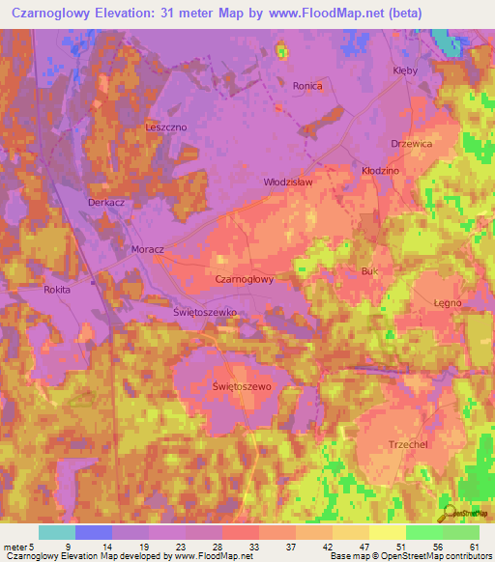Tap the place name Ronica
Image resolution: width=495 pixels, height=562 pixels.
click(307, 86)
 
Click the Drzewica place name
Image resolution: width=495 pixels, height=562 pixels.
click(411, 143)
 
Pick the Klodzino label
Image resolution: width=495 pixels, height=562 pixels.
click(380, 169)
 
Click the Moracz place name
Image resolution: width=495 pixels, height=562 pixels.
click(148, 248)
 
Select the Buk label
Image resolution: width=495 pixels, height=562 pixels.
click(369, 271)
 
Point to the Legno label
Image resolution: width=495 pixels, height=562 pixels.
click(447, 302)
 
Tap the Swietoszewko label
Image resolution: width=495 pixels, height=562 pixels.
click(191, 313)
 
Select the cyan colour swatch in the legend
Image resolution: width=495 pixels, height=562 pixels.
click(57, 532)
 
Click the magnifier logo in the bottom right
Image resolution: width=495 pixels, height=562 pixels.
click(448, 513)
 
